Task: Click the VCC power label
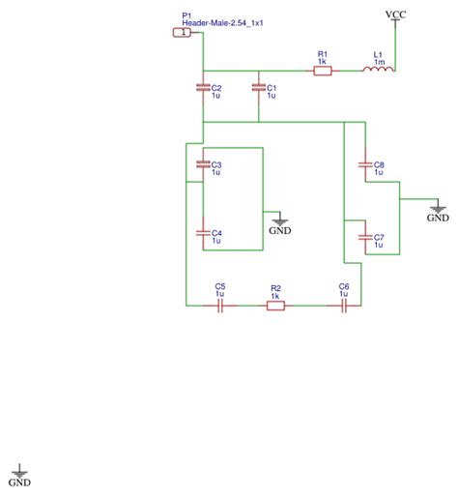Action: coord(396,15)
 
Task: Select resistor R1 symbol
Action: coord(323,71)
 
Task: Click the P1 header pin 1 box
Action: coord(181,33)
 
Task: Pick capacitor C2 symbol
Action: coord(203,88)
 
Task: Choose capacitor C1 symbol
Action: coord(258,88)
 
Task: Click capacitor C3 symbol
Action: coord(203,163)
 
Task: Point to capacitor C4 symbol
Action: coord(203,233)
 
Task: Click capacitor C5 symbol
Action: coord(220,306)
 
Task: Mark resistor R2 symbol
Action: coord(275,306)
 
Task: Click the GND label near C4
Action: coord(280,230)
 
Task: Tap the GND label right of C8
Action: coord(438,218)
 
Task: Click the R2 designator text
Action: coord(275,287)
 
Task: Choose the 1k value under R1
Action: coord(323,63)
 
